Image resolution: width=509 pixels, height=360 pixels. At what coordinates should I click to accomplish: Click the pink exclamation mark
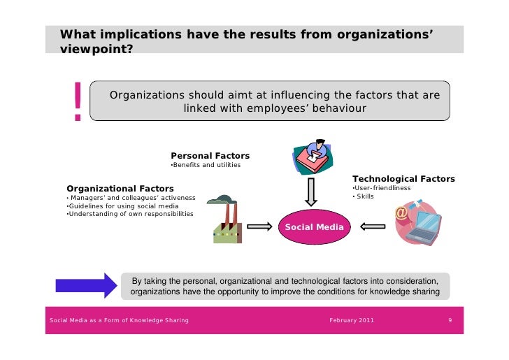[77, 102]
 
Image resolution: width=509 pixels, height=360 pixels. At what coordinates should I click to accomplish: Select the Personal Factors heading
[210, 155]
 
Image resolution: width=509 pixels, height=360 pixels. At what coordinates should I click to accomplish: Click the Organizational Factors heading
[120, 188]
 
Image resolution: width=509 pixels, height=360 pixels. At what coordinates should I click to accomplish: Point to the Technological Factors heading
[403, 179]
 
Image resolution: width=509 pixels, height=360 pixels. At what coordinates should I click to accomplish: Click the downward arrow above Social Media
[311, 190]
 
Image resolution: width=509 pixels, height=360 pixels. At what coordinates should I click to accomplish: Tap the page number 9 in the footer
[451, 320]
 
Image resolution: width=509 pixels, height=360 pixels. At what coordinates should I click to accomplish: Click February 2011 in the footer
[351, 320]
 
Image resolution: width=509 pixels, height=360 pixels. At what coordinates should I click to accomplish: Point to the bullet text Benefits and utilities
[206, 165]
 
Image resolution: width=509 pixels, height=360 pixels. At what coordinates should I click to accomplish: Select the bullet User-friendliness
[381, 188]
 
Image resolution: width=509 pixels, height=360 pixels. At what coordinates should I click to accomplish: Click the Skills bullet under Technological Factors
[364, 196]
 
